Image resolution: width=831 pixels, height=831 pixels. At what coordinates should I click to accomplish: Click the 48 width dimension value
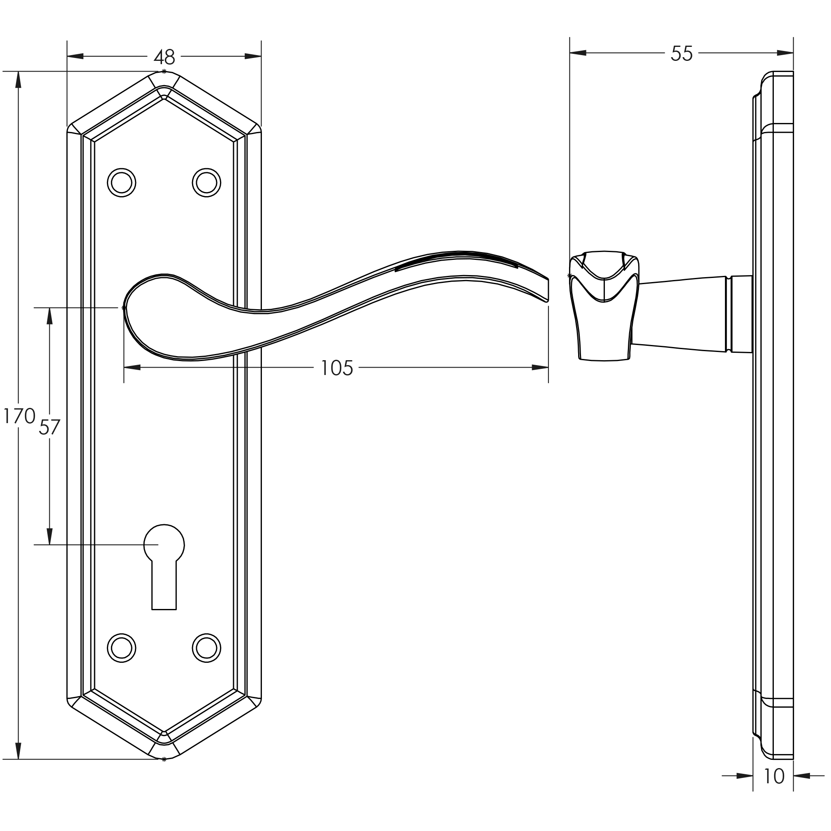(165, 57)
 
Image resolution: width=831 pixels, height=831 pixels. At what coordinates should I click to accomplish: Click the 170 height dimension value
(19, 416)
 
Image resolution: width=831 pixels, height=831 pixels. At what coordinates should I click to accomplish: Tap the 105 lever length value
(336, 368)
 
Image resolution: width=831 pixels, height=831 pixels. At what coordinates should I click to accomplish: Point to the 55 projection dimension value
(681, 54)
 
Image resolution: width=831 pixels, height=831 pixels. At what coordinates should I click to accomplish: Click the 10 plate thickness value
(773, 776)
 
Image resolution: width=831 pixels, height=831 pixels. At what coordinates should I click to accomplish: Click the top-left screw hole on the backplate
(121, 183)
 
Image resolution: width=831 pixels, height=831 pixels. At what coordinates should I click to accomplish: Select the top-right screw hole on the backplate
(206, 183)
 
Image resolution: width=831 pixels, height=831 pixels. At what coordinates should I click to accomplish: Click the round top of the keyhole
(164, 543)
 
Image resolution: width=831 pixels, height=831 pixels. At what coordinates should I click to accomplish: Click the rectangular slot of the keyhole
(164, 587)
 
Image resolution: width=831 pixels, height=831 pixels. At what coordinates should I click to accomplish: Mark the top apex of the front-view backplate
(164, 72)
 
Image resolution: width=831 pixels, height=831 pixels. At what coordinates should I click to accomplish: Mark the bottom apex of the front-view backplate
(164, 759)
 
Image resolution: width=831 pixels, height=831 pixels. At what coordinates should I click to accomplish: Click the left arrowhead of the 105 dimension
(132, 367)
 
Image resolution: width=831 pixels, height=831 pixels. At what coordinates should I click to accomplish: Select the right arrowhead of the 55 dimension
(785, 53)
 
